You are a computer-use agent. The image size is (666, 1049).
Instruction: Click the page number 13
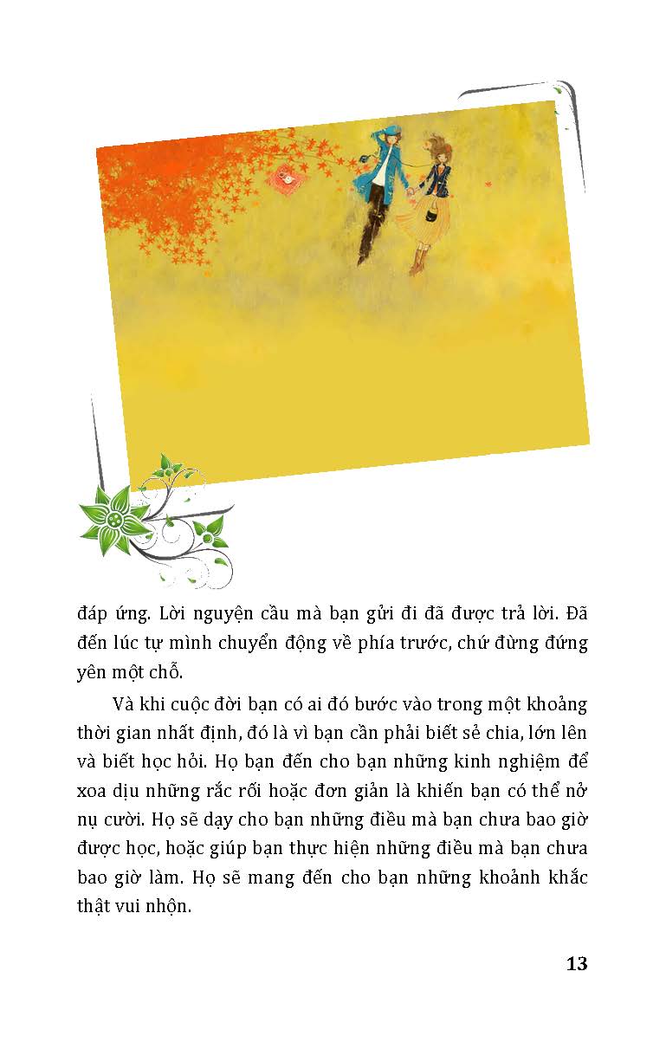pos(576,963)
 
